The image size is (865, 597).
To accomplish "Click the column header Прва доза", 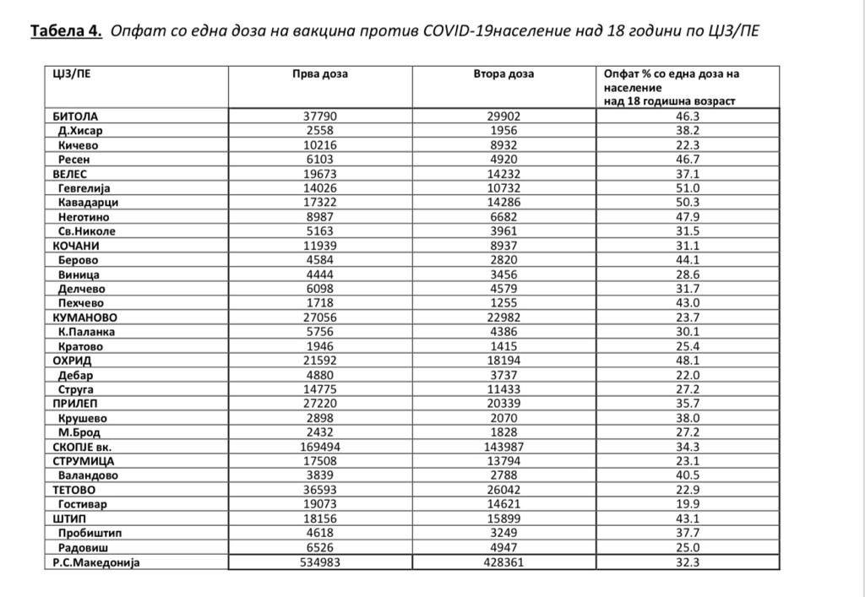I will tap(320, 74).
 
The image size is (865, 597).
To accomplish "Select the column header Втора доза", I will tap(503, 74).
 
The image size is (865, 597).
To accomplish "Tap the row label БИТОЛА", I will tap(75, 117).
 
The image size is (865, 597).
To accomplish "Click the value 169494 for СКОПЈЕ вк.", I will tap(320, 447).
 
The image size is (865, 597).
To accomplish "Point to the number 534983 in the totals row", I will tap(320, 562).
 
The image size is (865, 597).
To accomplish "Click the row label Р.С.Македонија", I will tap(95, 562).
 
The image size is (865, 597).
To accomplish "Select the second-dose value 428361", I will tap(503, 562).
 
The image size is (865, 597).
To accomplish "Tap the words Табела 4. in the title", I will tap(66, 32).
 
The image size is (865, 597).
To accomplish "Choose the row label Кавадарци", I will tap(88, 203).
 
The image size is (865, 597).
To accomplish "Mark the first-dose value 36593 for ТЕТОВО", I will tap(320, 490).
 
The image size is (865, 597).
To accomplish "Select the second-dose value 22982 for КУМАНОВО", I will tap(503, 317).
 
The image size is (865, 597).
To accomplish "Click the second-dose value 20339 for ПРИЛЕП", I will tap(503, 404).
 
